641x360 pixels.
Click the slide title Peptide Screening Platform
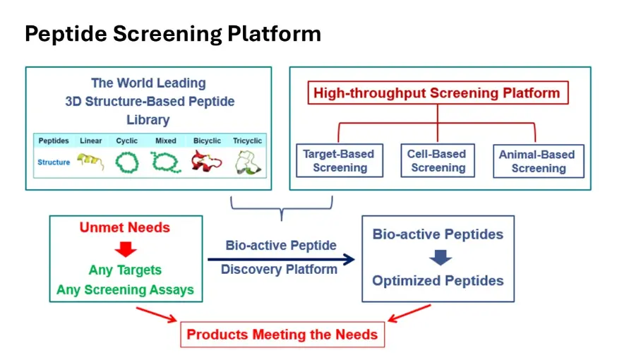[173, 34]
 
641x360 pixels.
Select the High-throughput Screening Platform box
[438, 92]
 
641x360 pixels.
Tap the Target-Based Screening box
[340, 161]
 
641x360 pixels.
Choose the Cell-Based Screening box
[438, 161]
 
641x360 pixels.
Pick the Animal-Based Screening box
[539, 162]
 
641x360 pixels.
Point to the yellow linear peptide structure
[90, 161]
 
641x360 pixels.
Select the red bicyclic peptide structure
[206, 161]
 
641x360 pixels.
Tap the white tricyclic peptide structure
[248, 162]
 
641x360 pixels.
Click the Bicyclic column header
[207, 140]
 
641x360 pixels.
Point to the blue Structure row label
[54, 162]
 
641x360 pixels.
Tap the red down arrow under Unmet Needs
[126, 249]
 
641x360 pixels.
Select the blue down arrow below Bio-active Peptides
[441, 258]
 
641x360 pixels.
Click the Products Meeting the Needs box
[282, 335]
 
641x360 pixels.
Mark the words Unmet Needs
[125, 227]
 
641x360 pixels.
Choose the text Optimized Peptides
[438, 281]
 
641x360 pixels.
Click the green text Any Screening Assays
[125, 289]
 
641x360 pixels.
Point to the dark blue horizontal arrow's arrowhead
[349, 259]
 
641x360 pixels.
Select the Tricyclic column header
[247, 140]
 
